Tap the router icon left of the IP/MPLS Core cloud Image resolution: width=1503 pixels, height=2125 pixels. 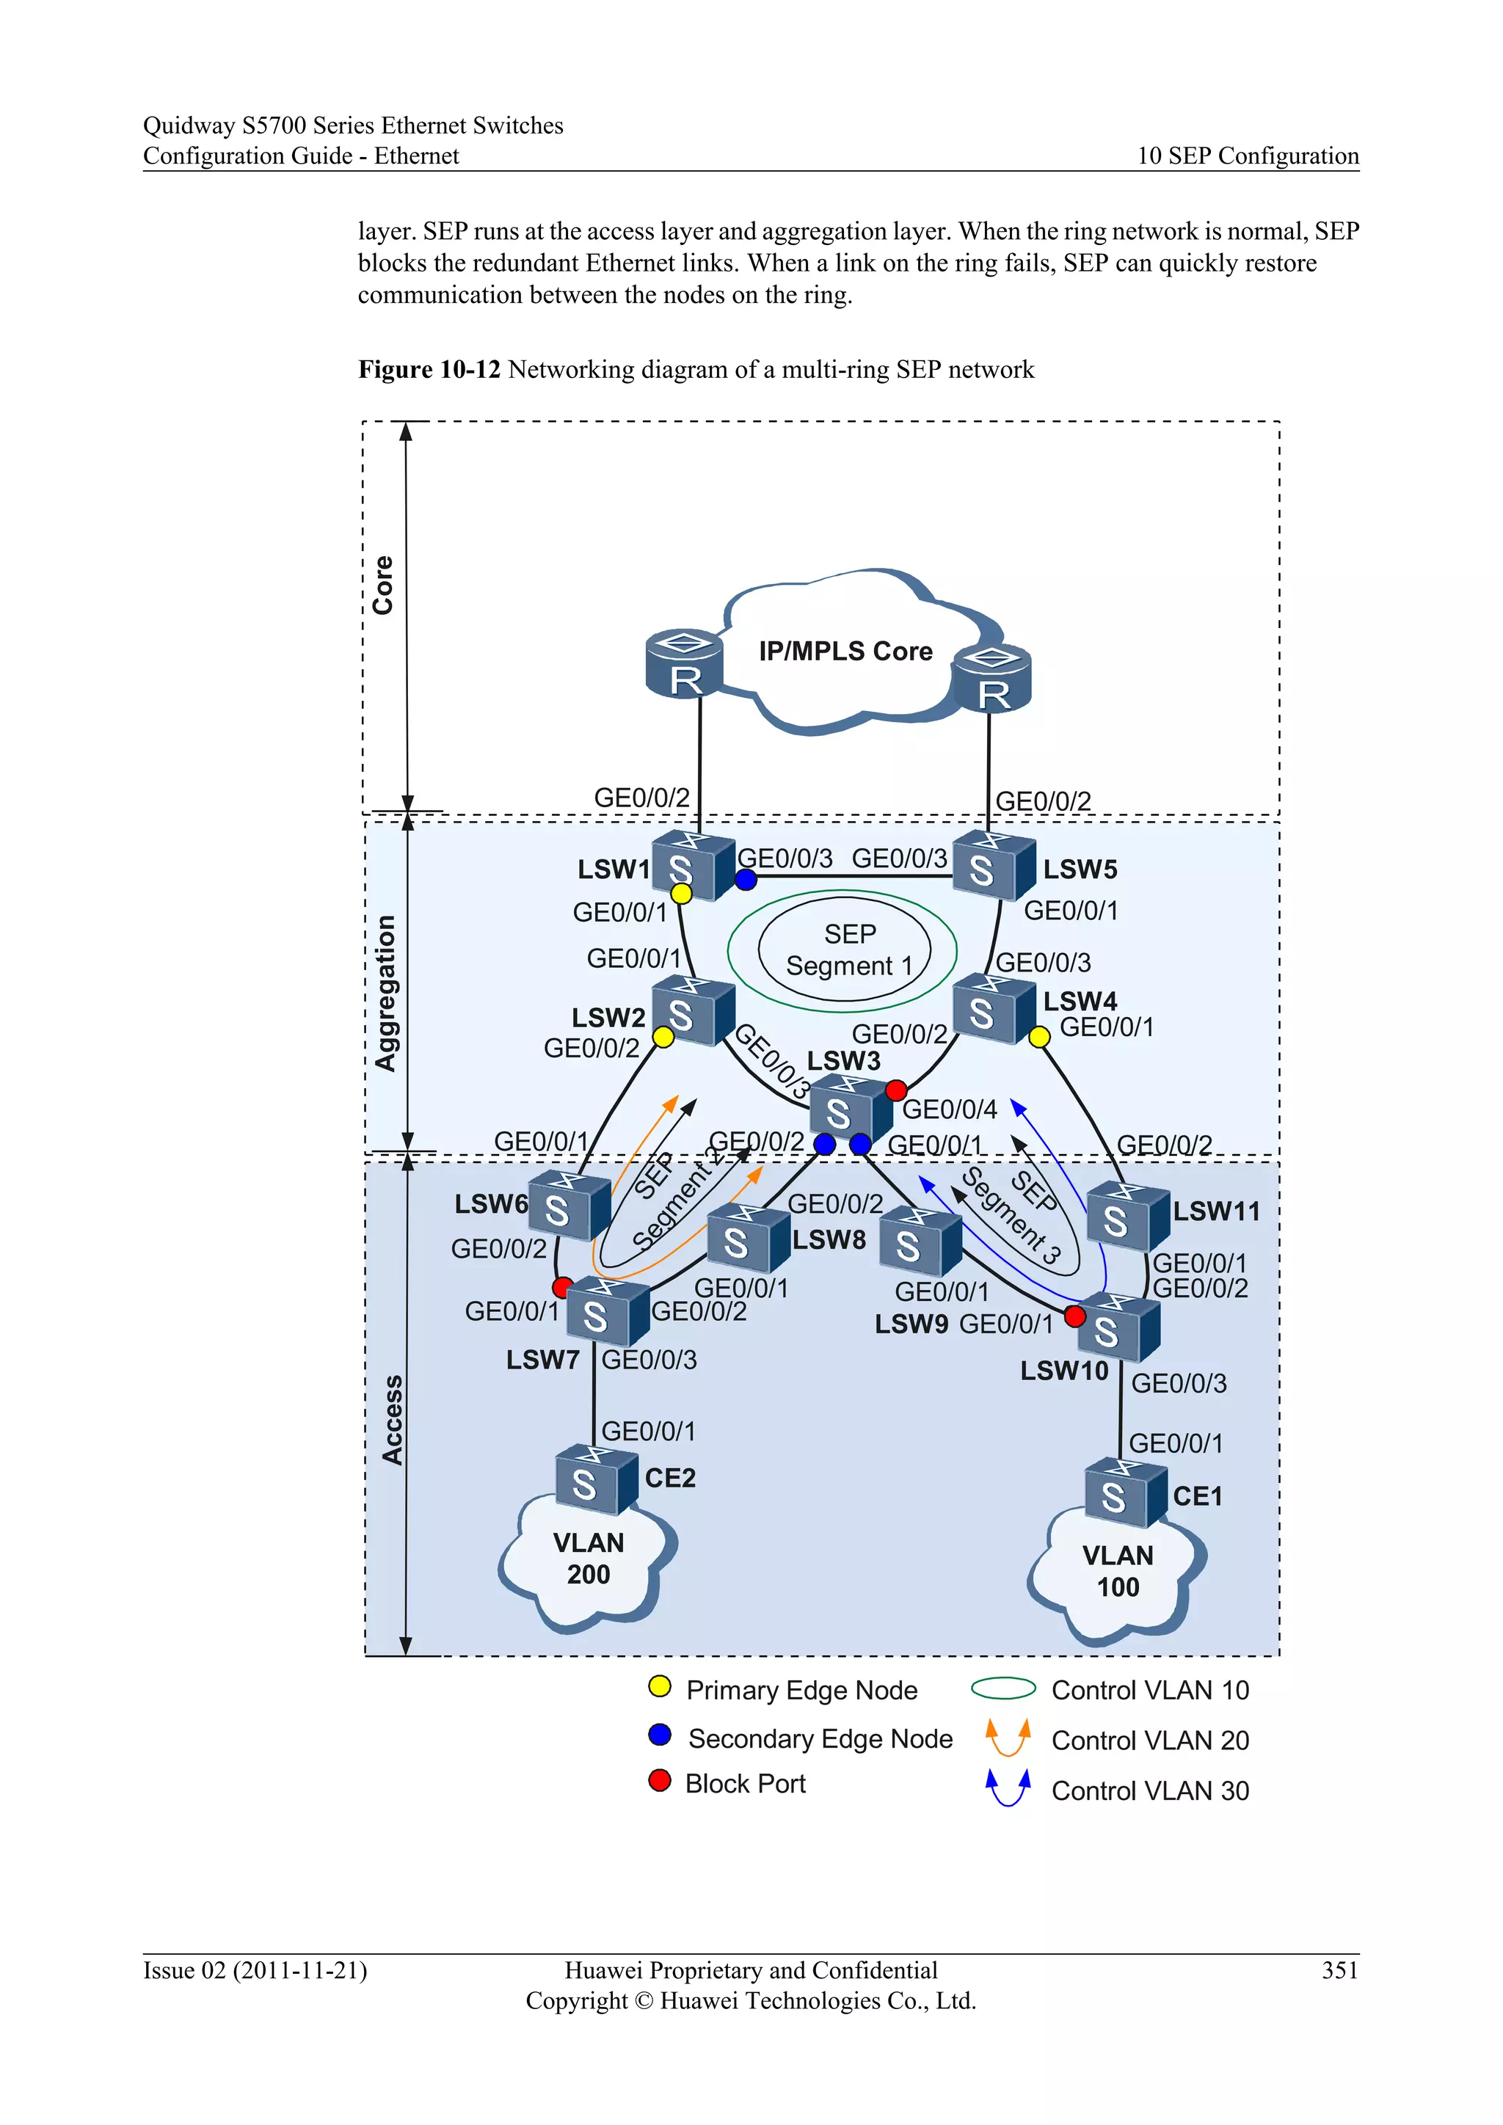coord(684,665)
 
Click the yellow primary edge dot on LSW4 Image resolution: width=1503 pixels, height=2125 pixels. coord(1039,1037)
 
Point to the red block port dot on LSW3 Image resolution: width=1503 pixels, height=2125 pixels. coord(896,1090)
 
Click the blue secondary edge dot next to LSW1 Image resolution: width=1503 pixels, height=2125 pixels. coord(746,881)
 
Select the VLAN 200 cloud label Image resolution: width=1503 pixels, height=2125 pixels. coord(589,1559)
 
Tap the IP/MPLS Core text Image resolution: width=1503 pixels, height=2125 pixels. coord(845,652)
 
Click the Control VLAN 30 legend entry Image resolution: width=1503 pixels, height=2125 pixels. coord(1149,1791)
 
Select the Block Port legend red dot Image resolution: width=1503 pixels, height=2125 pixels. coord(660,1781)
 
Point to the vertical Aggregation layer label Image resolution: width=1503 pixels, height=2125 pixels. coord(385,993)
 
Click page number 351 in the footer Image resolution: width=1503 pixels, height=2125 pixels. coord(1339,1969)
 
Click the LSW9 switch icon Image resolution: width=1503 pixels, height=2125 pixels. coord(918,1243)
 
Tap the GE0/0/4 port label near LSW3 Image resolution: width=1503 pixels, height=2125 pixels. coord(950,1109)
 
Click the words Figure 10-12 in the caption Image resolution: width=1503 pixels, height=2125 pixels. coord(429,369)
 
